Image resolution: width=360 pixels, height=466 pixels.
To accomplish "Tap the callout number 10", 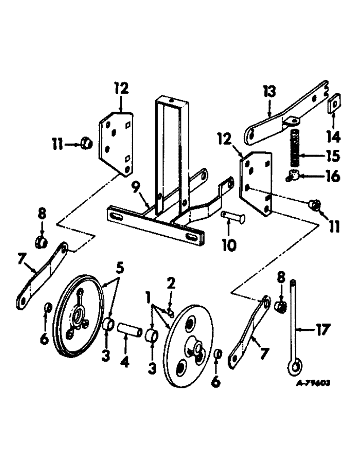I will [x=228, y=244].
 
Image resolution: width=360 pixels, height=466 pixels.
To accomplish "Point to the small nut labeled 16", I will [x=292, y=176].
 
